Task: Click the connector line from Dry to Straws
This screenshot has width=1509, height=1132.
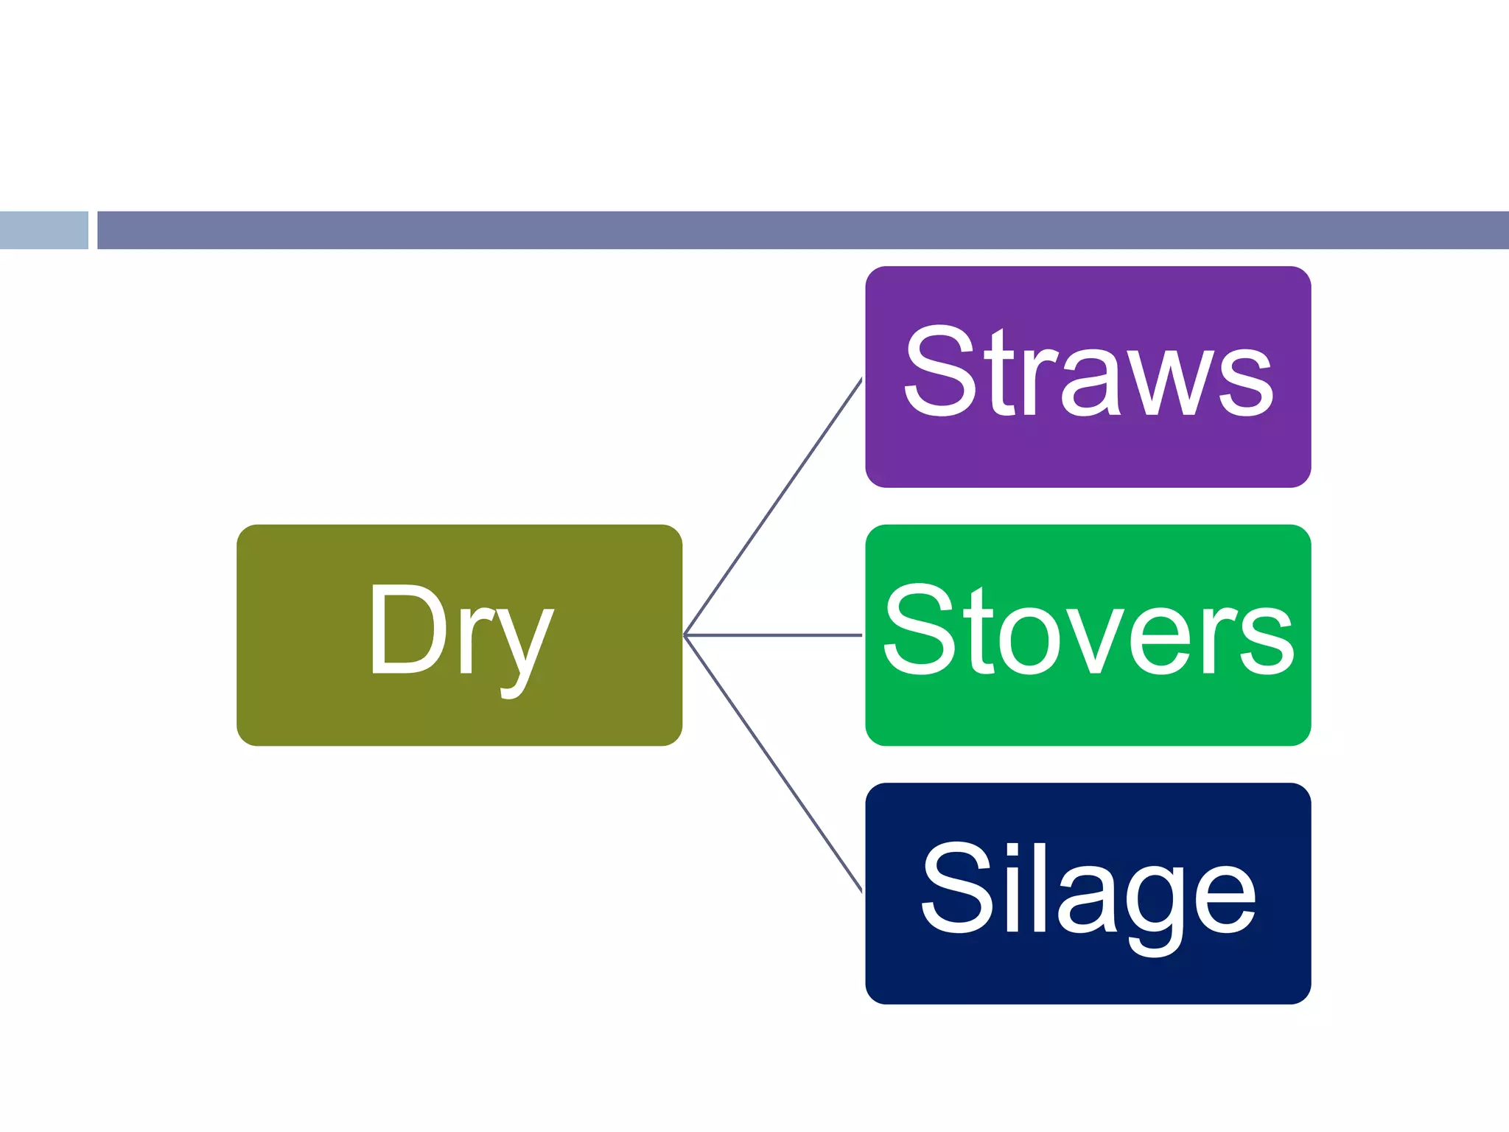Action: click(x=774, y=506)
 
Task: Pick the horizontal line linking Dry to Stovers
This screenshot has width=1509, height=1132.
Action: click(x=774, y=635)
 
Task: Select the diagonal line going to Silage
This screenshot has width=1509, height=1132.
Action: click(x=774, y=764)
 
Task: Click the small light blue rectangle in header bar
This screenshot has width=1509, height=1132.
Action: click(x=43, y=230)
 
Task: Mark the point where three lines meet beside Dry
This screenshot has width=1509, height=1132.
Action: click(x=685, y=635)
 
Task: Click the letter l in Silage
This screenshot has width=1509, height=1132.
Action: click(x=1040, y=887)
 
